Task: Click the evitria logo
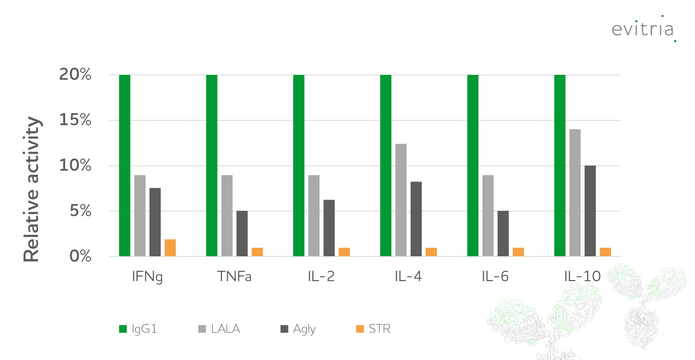(643, 29)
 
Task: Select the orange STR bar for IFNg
(170, 248)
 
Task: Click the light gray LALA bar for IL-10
(575, 192)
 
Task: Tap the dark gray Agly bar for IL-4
(416, 219)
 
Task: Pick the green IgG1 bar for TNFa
(212, 165)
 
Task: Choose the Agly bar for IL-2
(329, 228)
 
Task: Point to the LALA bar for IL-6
(488, 216)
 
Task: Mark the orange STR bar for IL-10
(605, 252)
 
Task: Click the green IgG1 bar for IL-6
(473, 165)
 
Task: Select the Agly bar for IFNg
(155, 222)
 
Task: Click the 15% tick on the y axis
(75, 120)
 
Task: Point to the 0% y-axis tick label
(80, 256)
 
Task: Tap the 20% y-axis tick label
(75, 75)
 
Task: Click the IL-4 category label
(408, 276)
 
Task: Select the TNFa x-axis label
(234, 276)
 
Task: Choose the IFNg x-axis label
(147, 277)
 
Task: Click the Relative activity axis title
(31, 189)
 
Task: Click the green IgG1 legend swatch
(123, 329)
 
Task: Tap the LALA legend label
(225, 329)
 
